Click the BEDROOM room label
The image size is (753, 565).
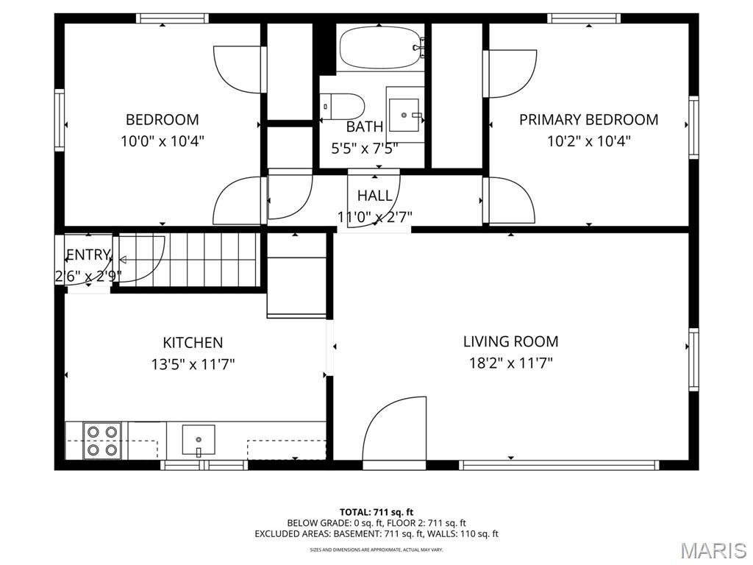(x=163, y=120)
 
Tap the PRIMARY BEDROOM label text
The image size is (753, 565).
(x=589, y=120)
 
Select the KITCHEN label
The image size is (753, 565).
(x=193, y=343)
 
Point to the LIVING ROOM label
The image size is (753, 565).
(x=511, y=341)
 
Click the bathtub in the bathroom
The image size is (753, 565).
(x=382, y=48)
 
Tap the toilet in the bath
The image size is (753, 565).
(x=343, y=107)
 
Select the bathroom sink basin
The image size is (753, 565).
(x=404, y=115)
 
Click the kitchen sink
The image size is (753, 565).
(x=199, y=440)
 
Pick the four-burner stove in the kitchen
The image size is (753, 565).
(x=101, y=441)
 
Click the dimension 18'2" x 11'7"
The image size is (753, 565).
(x=511, y=363)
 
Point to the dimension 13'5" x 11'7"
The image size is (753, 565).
(x=193, y=365)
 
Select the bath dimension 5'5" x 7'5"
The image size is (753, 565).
(x=365, y=149)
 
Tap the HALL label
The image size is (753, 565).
(x=374, y=196)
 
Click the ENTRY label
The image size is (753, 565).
(x=88, y=255)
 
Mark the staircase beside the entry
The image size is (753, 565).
(x=189, y=260)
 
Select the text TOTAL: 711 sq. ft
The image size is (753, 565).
(x=376, y=512)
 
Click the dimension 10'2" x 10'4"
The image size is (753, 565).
(x=589, y=141)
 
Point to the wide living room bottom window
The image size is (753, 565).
(x=559, y=465)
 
